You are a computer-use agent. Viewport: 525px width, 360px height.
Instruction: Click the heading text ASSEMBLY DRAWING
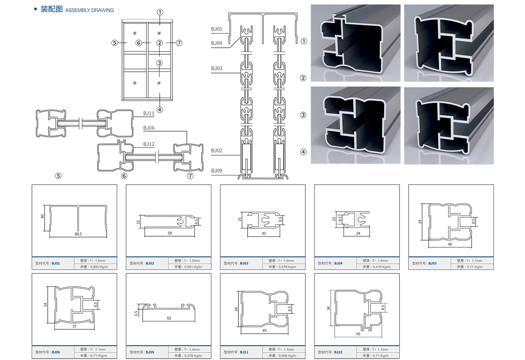(x=89, y=10)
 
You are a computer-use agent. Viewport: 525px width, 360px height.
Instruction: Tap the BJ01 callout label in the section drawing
(x=217, y=29)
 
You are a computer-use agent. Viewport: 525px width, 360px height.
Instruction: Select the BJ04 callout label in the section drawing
(x=217, y=43)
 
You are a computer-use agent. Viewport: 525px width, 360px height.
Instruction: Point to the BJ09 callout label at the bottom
(x=217, y=170)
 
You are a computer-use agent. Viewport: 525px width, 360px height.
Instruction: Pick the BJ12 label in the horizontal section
(x=149, y=144)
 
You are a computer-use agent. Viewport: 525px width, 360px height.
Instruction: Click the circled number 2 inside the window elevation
(x=159, y=42)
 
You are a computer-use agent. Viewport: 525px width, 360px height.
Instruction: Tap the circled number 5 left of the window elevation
(x=115, y=42)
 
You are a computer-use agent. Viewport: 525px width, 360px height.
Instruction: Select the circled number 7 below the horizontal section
(x=190, y=176)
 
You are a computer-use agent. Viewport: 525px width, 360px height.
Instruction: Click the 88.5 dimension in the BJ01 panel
(x=79, y=234)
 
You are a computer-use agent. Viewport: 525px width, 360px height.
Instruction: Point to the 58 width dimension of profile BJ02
(x=170, y=233)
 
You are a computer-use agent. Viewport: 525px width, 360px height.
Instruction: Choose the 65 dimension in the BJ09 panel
(x=169, y=318)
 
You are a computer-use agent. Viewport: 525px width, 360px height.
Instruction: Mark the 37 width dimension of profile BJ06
(x=74, y=326)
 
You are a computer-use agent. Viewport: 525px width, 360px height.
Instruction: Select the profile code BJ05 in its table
(x=432, y=263)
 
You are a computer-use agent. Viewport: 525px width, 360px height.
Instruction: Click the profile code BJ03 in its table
(x=244, y=263)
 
